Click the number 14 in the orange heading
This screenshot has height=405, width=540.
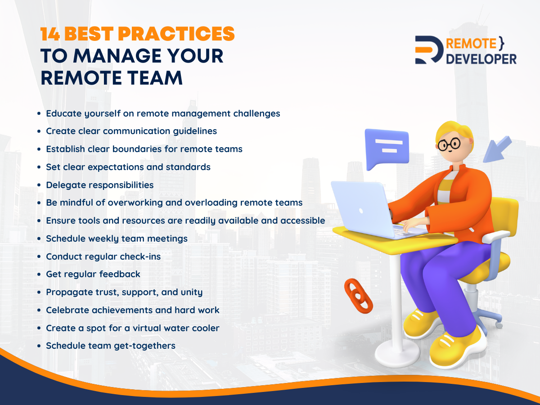pos(50,34)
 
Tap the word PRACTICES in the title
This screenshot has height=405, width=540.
pos(176,34)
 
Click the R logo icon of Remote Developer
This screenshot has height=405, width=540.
pos(429,50)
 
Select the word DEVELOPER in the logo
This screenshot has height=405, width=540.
pos(481,59)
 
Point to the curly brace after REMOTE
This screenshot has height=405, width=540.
pos(502,43)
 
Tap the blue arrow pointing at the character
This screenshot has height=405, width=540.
pos(497,149)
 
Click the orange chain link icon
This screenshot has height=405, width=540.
pos(359,296)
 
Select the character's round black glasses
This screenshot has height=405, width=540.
pos(449,144)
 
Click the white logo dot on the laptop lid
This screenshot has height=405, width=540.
pos(361,211)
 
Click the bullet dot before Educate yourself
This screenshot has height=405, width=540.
pos(39,113)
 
